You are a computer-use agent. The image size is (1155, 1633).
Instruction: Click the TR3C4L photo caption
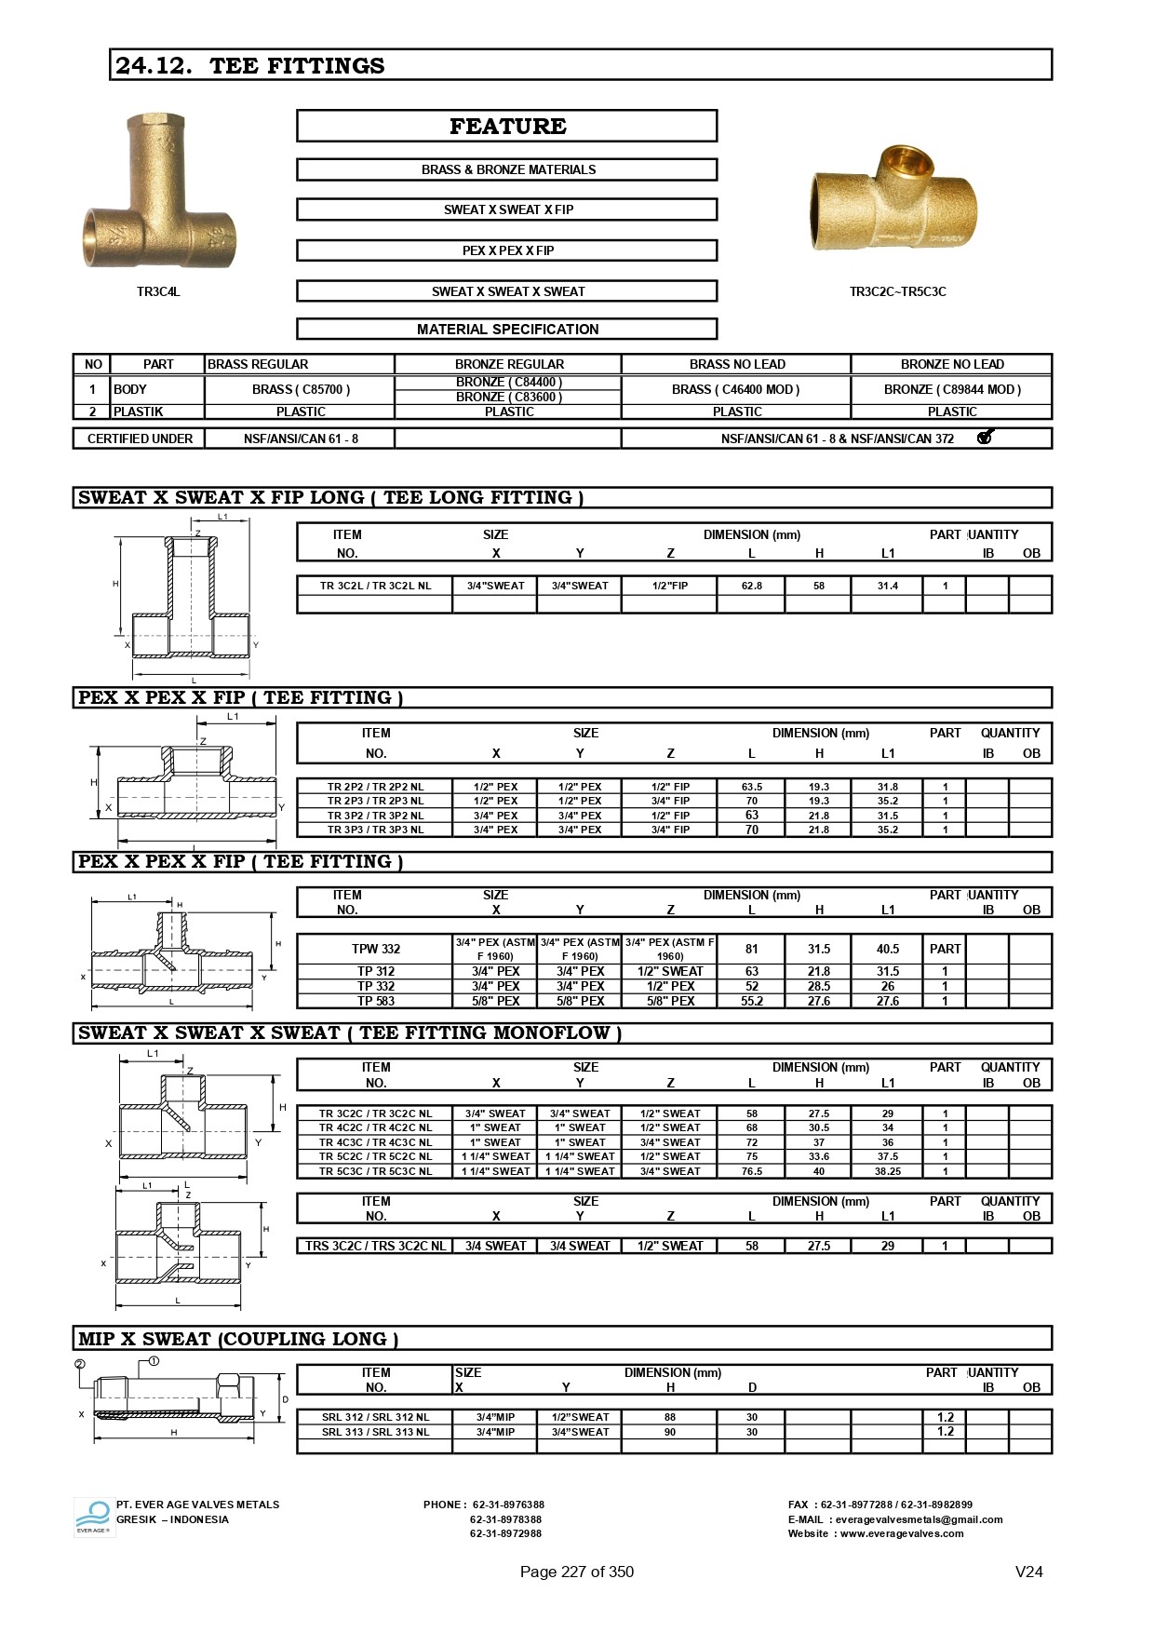tap(158, 291)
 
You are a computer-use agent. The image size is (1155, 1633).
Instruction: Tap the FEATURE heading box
tap(507, 127)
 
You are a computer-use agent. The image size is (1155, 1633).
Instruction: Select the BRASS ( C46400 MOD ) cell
tap(735, 389)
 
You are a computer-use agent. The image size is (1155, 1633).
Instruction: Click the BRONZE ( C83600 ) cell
tap(508, 398)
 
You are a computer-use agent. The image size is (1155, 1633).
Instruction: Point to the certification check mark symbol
tap(986, 437)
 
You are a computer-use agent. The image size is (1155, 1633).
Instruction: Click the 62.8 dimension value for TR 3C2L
tap(751, 586)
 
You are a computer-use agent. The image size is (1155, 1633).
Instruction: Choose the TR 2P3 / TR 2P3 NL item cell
tap(375, 801)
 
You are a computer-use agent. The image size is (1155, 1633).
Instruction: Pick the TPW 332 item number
tap(376, 949)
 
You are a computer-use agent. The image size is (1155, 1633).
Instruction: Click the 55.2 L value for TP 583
tap(751, 1001)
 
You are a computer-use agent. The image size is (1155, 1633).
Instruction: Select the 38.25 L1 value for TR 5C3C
tap(887, 1171)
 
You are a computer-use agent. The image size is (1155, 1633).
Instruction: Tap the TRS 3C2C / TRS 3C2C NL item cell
tap(375, 1246)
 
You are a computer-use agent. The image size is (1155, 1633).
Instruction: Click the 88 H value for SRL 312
tap(670, 1417)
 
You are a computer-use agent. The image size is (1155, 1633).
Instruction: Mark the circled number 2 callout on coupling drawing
tap(80, 1365)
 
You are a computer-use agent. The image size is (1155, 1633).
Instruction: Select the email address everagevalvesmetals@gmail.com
tap(919, 1519)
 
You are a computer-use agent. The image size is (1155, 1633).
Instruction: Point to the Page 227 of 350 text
tap(576, 1572)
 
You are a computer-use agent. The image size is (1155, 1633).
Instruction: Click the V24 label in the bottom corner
tap(1028, 1572)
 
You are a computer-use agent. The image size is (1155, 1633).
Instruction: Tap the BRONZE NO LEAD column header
tap(951, 364)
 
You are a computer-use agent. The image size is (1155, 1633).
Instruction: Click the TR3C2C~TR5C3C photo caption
tap(897, 291)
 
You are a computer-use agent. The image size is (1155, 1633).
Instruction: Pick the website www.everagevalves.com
tap(902, 1533)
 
